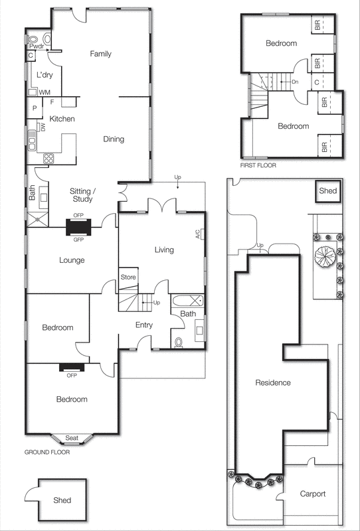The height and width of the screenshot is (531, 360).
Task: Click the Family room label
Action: pos(100,54)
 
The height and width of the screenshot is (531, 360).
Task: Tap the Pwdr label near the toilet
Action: pos(35,47)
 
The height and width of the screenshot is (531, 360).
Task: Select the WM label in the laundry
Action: pos(45,92)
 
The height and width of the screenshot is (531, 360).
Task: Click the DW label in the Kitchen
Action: pos(43,127)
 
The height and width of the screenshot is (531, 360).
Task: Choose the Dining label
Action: pos(114,139)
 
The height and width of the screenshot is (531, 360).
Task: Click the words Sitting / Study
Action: pos(84,194)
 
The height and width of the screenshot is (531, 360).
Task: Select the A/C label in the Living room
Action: pos(197,234)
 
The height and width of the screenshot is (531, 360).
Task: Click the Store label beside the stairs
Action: pos(128,277)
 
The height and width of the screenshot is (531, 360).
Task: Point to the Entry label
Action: pos(144,325)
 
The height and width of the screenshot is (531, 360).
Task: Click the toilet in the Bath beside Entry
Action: pos(177,342)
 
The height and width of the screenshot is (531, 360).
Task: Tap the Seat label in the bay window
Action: pos(72,437)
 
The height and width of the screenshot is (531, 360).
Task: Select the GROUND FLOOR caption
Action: pos(47,452)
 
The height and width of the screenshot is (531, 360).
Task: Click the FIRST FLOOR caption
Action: pos(258,165)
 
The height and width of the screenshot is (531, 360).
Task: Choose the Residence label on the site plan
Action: pos(274,383)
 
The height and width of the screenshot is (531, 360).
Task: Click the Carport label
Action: pos(312,494)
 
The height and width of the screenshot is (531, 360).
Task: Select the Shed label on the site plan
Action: pos(328,192)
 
